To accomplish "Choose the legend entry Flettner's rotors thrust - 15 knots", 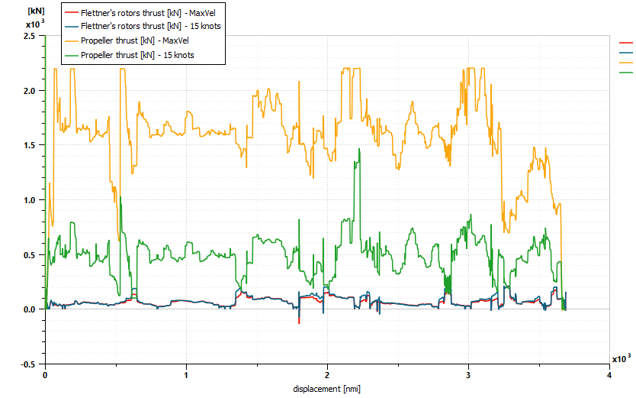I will (x=137, y=26).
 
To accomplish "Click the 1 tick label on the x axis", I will (x=186, y=376).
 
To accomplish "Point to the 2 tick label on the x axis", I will (x=327, y=376).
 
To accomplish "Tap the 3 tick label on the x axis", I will (x=468, y=376).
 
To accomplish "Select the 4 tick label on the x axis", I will (x=609, y=376).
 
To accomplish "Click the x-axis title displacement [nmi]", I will (x=326, y=389).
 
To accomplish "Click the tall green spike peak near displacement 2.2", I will (x=358, y=150).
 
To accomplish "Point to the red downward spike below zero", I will (x=299, y=322).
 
